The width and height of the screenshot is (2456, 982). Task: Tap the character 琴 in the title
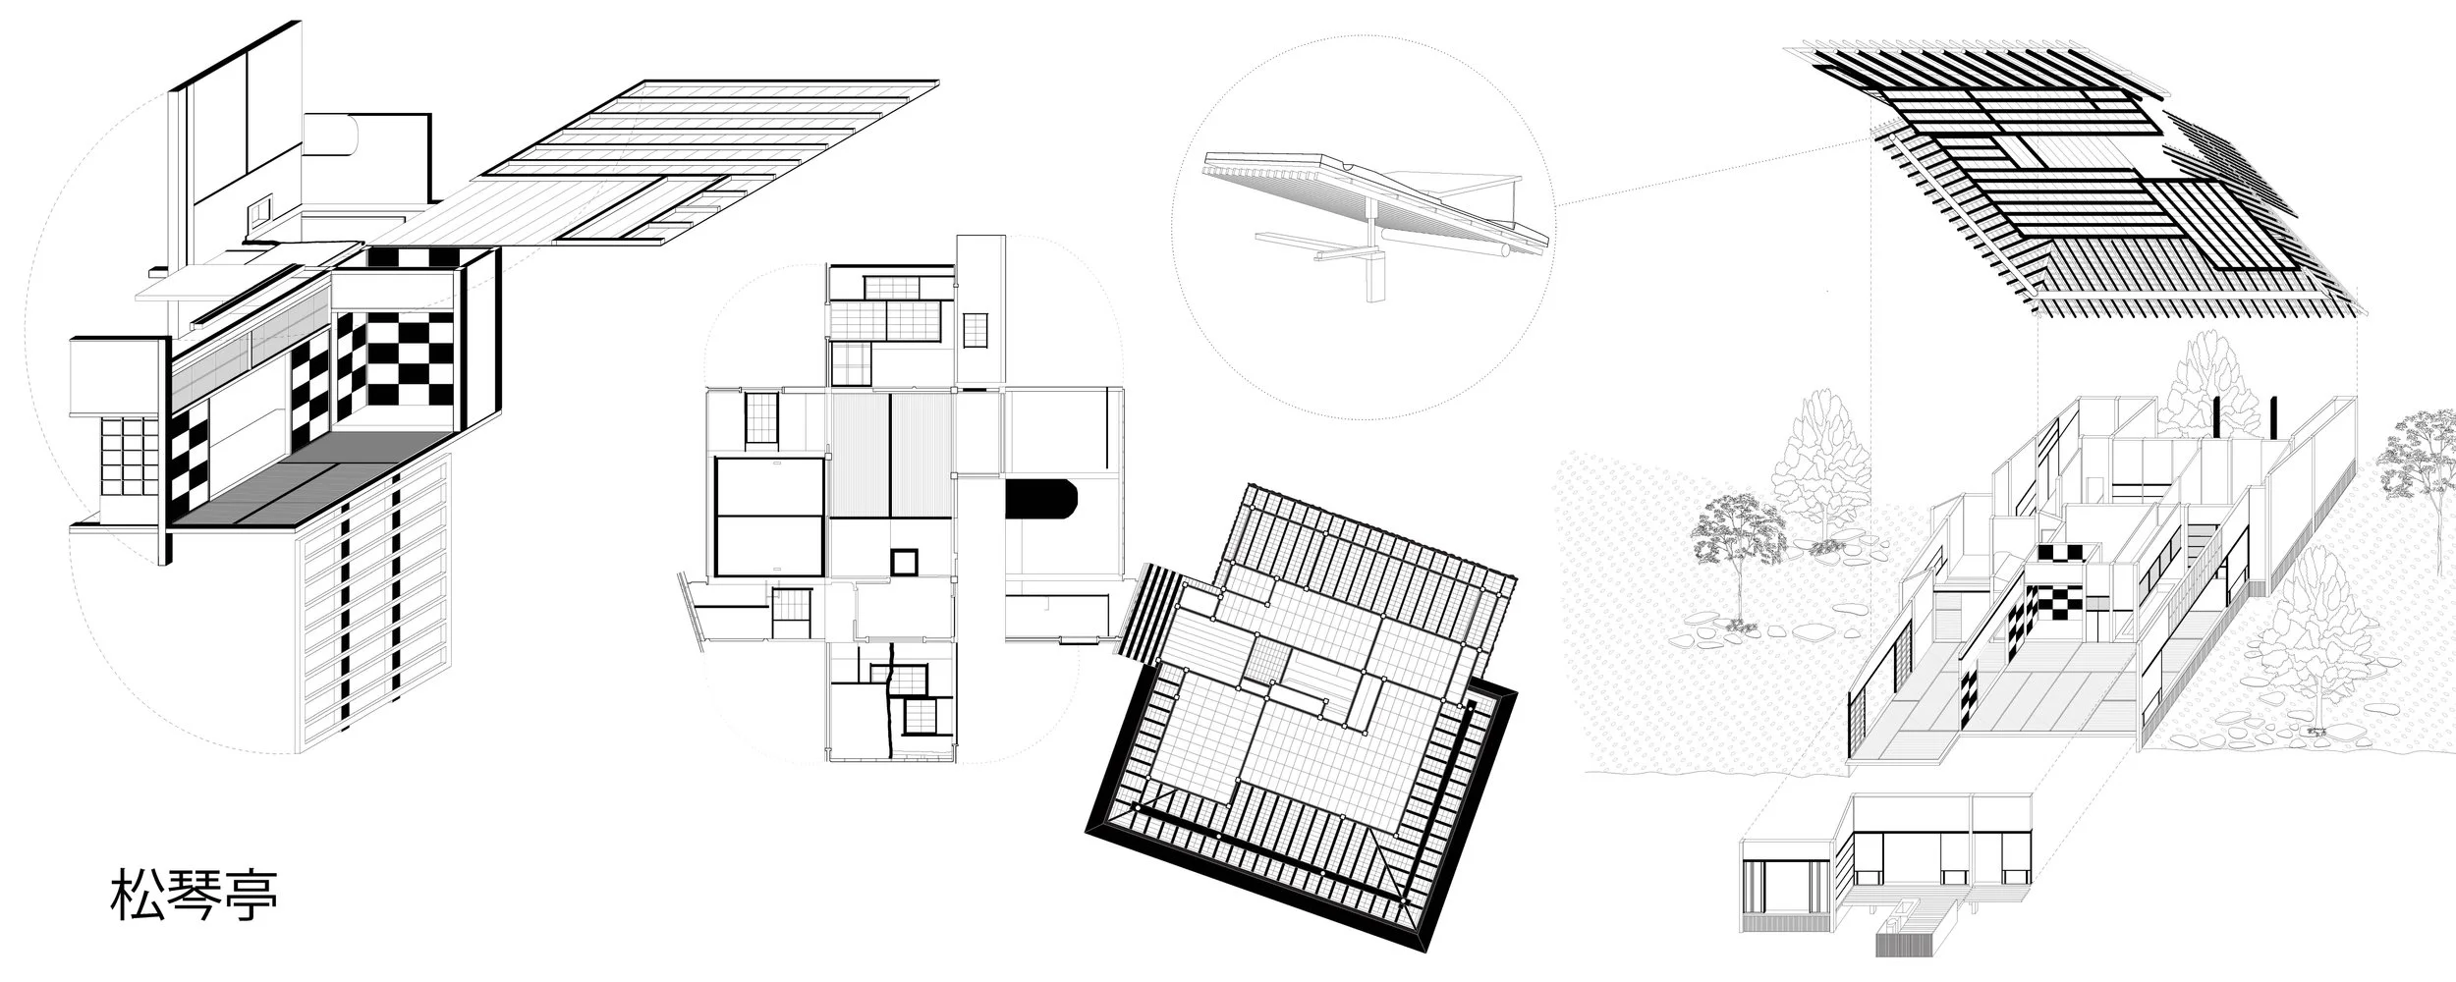[194, 895]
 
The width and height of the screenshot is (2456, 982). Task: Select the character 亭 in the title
[251, 895]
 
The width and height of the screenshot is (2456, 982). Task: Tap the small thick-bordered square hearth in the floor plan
[903, 563]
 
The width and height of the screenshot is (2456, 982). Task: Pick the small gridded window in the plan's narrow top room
[976, 330]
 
